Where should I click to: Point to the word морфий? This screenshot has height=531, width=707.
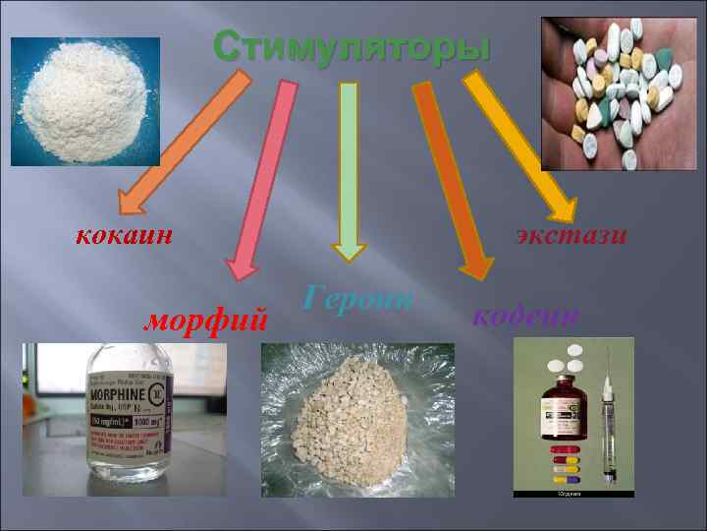pyautogui.click(x=206, y=318)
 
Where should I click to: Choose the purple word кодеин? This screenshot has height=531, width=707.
pyautogui.click(x=526, y=315)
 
